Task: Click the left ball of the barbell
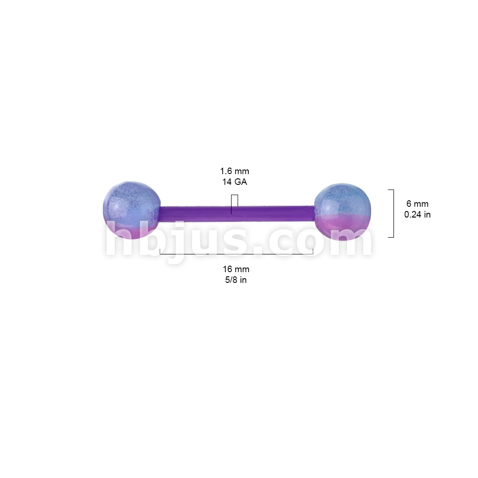pos(131,211)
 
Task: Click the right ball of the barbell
pos(343,212)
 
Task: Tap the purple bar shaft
pos(237,214)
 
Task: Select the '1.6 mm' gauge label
pos(234,171)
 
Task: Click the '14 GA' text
pos(234,182)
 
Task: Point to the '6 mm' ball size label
pos(417,204)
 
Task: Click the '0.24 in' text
pos(417,215)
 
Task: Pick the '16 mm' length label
pos(236,269)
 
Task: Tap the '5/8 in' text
pos(236,280)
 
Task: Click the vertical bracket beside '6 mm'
pos(394,213)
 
